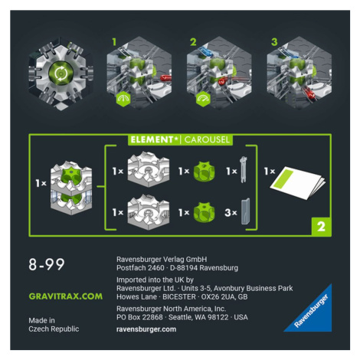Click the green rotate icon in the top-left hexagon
point(61,74)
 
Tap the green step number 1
point(114,42)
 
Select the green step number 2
point(193,42)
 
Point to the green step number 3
point(274,42)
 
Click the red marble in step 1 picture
point(165,77)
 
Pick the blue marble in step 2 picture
point(206,52)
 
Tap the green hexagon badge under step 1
point(123,99)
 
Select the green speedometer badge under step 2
point(203,99)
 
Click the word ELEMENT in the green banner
point(152,139)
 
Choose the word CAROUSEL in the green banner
point(207,139)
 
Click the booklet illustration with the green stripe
point(298,182)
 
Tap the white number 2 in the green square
point(321,227)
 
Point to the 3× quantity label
point(231,212)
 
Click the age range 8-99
point(47,264)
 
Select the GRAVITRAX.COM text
point(66,296)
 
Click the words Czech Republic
point(54,329)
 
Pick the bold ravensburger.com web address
point(146,329)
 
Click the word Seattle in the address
point(179,317)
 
